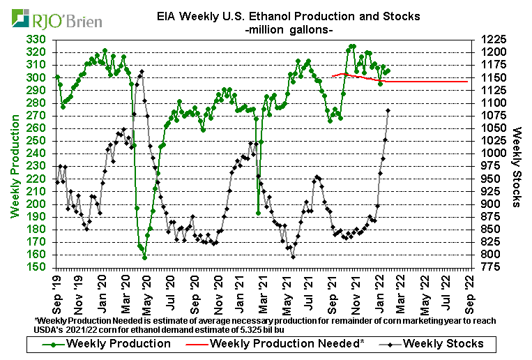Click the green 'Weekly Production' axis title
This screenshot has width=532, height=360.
14,153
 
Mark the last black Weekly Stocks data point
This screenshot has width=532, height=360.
388,110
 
